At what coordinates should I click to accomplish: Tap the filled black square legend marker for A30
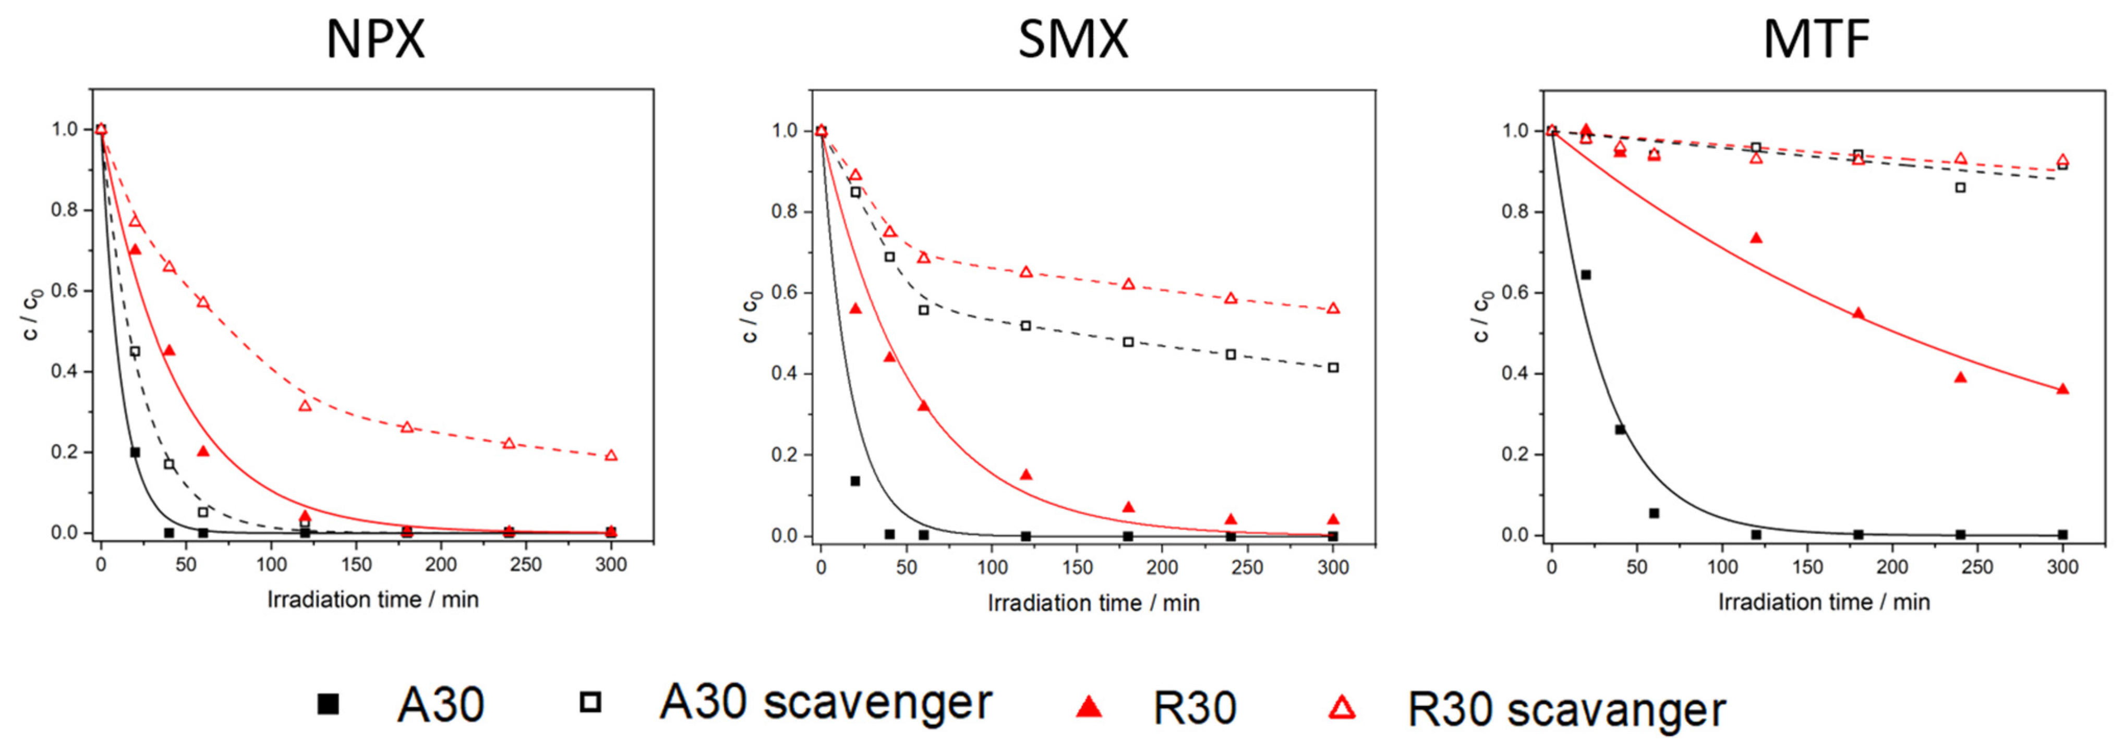329,704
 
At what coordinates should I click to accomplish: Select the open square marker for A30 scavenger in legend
590,702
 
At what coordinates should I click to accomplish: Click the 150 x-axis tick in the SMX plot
1077,568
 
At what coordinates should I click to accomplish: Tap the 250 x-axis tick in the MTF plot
1977,567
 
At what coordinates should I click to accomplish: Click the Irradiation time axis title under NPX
372,600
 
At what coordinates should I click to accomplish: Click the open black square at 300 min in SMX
1333,368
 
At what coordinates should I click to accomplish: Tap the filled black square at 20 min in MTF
1586,274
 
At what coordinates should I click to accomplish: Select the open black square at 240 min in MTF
1961,188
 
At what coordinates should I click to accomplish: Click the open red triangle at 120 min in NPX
305,406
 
